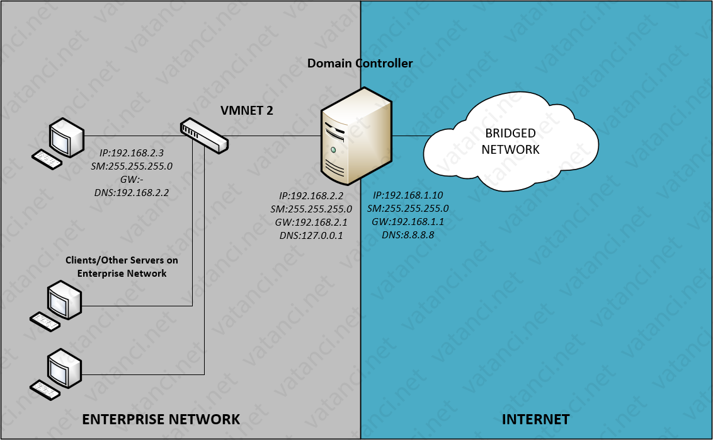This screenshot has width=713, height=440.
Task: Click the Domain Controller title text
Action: [360, 64]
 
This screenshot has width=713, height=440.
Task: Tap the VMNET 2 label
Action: [246, 111]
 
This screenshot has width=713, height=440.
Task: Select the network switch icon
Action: [203, 135]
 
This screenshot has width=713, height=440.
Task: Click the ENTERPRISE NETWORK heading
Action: [161, 419]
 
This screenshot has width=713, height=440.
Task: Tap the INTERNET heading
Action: [535, 419]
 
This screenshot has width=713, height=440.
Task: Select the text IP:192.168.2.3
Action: [132, 153]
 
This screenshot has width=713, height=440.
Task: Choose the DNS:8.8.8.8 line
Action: [408, 235]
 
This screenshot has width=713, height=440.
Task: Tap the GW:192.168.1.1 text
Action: [408, 222]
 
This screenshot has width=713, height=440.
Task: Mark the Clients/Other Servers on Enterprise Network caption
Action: [122, 267]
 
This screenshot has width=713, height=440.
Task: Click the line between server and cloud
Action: [409, 136]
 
